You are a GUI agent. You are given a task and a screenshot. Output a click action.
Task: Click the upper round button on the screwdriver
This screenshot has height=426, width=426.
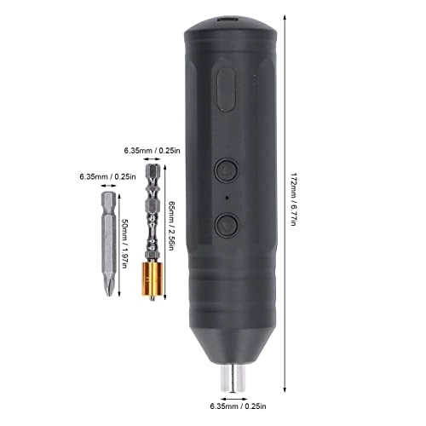(x=226, y=170)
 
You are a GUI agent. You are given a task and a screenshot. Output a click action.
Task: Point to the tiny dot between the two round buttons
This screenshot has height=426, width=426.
(x=226, y=198)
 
